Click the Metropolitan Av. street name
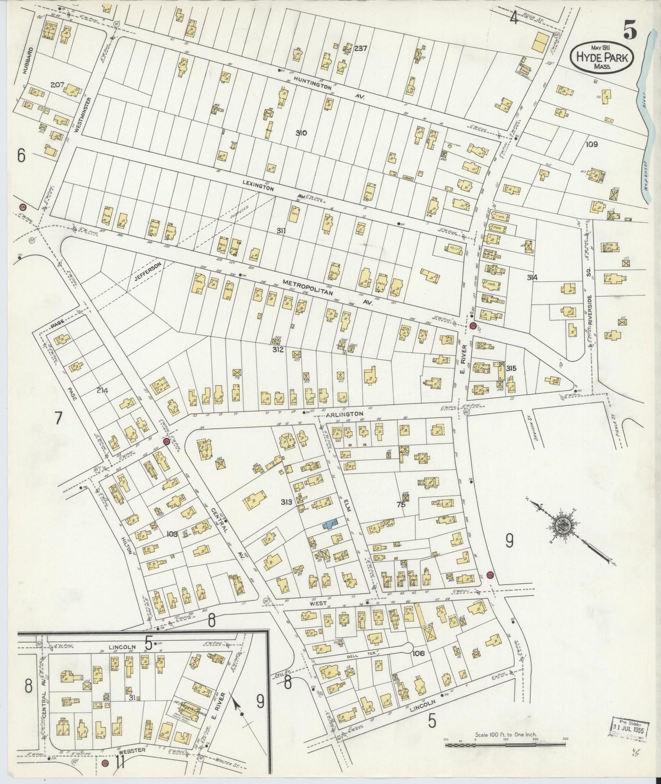[320, 290]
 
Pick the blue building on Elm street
[331, 524]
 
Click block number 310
[301, 134]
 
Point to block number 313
[287, 502]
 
